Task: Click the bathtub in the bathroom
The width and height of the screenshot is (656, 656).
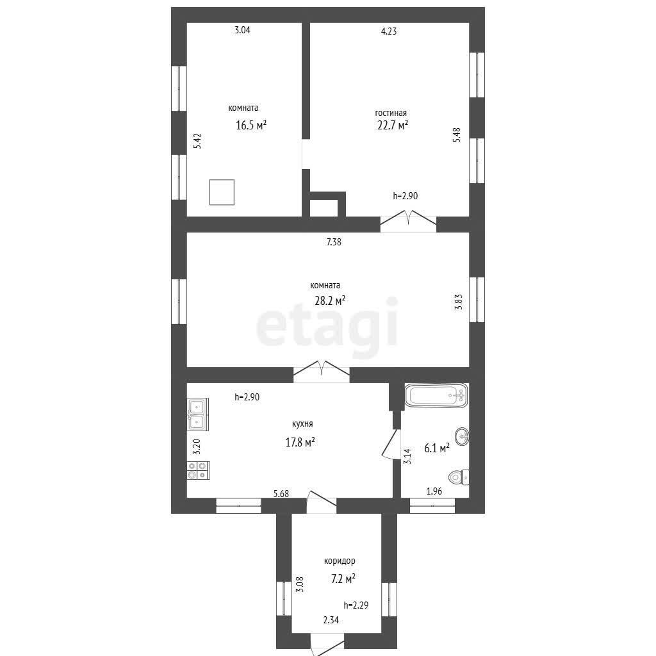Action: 436,395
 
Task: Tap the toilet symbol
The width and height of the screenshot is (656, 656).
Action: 459,477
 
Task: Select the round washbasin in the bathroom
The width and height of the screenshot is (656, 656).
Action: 462,437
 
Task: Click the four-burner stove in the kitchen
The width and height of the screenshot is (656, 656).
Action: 198,470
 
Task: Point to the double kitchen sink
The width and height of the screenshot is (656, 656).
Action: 197,414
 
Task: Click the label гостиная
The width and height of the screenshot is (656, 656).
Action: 390,113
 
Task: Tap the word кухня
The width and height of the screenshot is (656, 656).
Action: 302,424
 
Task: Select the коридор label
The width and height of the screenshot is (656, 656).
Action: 340,561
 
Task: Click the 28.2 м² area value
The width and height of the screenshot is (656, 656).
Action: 330,300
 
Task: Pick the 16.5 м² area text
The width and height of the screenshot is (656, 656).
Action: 251,125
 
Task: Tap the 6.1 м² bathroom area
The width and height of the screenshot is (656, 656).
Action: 437,448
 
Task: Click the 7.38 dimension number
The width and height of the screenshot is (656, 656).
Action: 334,242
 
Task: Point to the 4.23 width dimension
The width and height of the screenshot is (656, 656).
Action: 389,31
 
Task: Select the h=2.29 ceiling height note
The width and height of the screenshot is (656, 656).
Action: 356,605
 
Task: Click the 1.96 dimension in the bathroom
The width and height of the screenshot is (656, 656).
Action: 434,491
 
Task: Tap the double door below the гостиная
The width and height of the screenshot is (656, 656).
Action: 408,220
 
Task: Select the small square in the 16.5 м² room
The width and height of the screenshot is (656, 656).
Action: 222,192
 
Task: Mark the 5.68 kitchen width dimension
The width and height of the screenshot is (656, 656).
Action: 281,494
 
